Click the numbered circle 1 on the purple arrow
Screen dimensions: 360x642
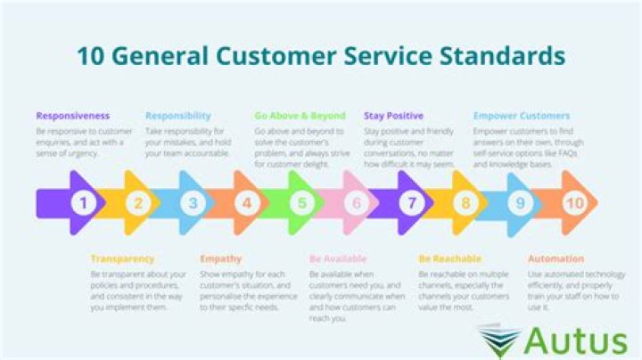tap(84, 203)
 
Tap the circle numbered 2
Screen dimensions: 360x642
tap(138, 203)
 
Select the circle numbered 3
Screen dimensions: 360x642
tap(193, 203)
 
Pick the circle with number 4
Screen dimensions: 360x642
tap(247, 203)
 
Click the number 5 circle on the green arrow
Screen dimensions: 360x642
tap(301, 203)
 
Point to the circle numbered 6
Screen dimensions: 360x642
tap(356, 203)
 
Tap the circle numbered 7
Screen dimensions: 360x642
tap(411, 203)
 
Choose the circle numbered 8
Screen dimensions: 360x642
tap(465, 203)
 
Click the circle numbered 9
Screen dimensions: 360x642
tap(520, 203)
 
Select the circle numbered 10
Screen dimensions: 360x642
tap(574, 203)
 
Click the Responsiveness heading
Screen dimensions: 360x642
tap(73, 116)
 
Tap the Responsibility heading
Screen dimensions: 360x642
tap(178, 116)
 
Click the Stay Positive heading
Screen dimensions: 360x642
tap(393, 116)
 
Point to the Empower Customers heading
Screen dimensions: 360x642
tap(521, 116)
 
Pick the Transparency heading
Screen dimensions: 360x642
tap(122, 259)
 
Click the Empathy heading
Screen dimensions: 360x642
tap(220, 259)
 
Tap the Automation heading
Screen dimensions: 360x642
tap(556, 259)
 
